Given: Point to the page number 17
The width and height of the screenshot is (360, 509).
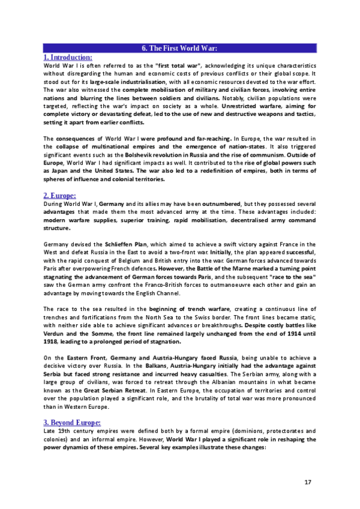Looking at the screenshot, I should point(308,482).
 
